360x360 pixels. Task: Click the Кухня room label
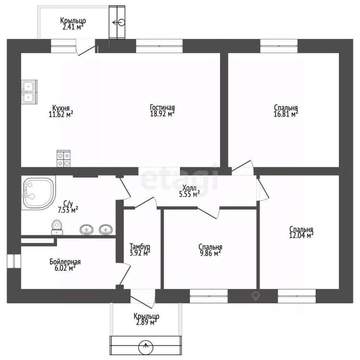coord(61,108)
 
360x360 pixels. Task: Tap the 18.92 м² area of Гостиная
coord(162,114)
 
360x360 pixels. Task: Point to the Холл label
coord(190,188)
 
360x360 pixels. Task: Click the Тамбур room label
coord(140,246)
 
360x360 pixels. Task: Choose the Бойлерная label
coord(65,262)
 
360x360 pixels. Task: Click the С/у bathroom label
coord(68,204)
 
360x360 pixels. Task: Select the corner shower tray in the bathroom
coord(38,193)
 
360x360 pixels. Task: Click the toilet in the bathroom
coord(57,227)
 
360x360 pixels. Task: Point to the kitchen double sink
coord(29,92)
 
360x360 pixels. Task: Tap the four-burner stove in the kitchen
coord(63,158)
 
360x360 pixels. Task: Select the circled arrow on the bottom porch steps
coord(145,346)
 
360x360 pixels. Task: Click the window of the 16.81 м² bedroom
coord(279,46)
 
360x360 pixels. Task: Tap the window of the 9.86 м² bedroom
coord(209,296)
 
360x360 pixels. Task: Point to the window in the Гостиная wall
coord(159,46)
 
